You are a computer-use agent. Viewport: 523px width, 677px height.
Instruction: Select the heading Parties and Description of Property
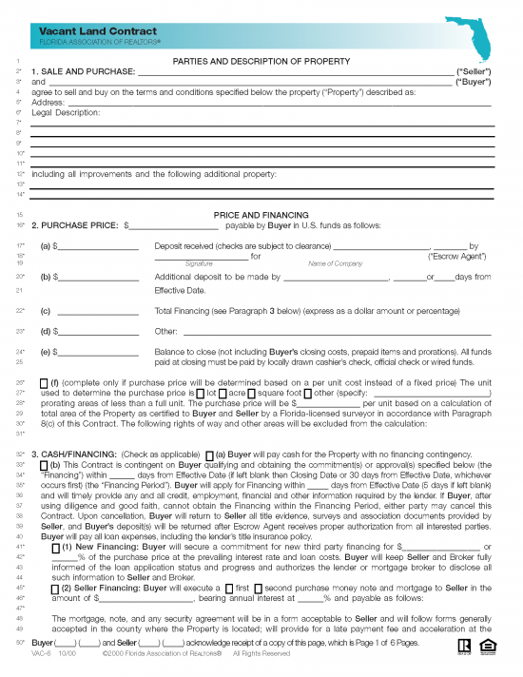[x=261, y=62]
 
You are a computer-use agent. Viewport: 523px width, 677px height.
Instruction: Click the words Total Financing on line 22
[x=185, y=311]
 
